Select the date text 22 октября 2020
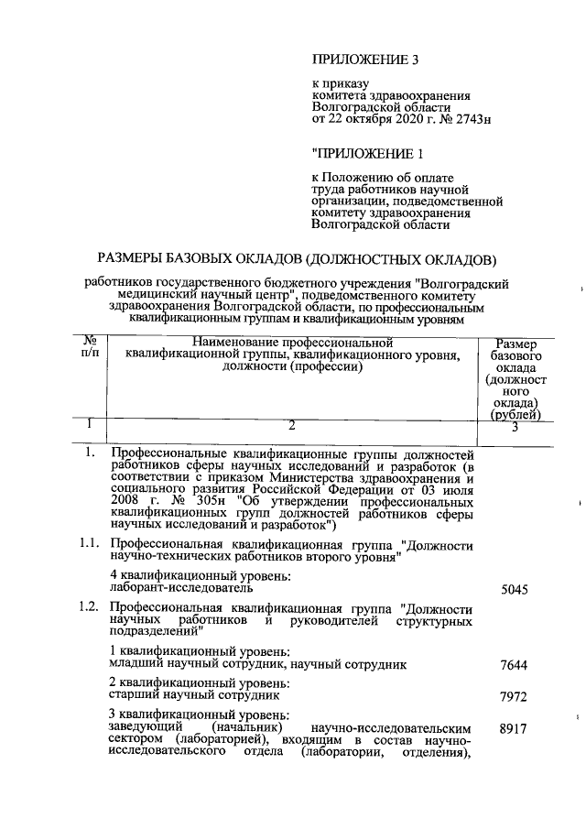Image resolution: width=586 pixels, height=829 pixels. [374, 119]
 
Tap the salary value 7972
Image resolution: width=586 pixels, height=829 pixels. [515, 698]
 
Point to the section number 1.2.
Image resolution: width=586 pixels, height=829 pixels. [89, 606]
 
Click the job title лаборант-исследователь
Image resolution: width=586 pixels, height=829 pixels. [168, 587]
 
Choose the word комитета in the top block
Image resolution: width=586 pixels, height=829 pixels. [341, 95]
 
